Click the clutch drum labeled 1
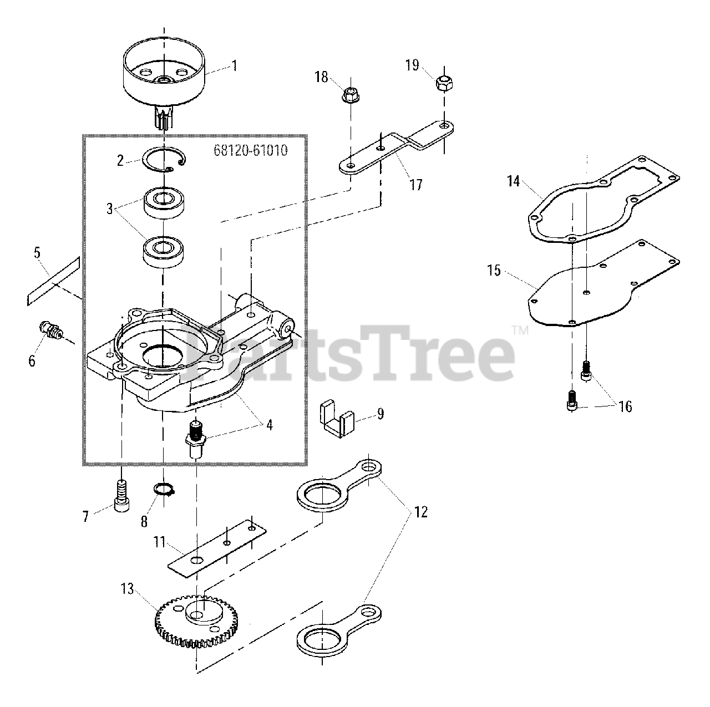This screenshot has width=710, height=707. (x=164, y=78)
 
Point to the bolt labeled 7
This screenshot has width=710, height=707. (x=121, y=495)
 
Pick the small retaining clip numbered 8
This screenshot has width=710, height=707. (x=164, y=489)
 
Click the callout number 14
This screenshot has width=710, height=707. (x=514, y=181)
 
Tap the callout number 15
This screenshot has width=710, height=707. (x=494, y=271)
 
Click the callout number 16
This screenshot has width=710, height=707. (x=625, y=406)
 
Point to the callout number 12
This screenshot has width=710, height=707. (x=421, y=512)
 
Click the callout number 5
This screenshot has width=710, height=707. (x=37, y=253)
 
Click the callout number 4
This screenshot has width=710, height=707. (x=269, y=425)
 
